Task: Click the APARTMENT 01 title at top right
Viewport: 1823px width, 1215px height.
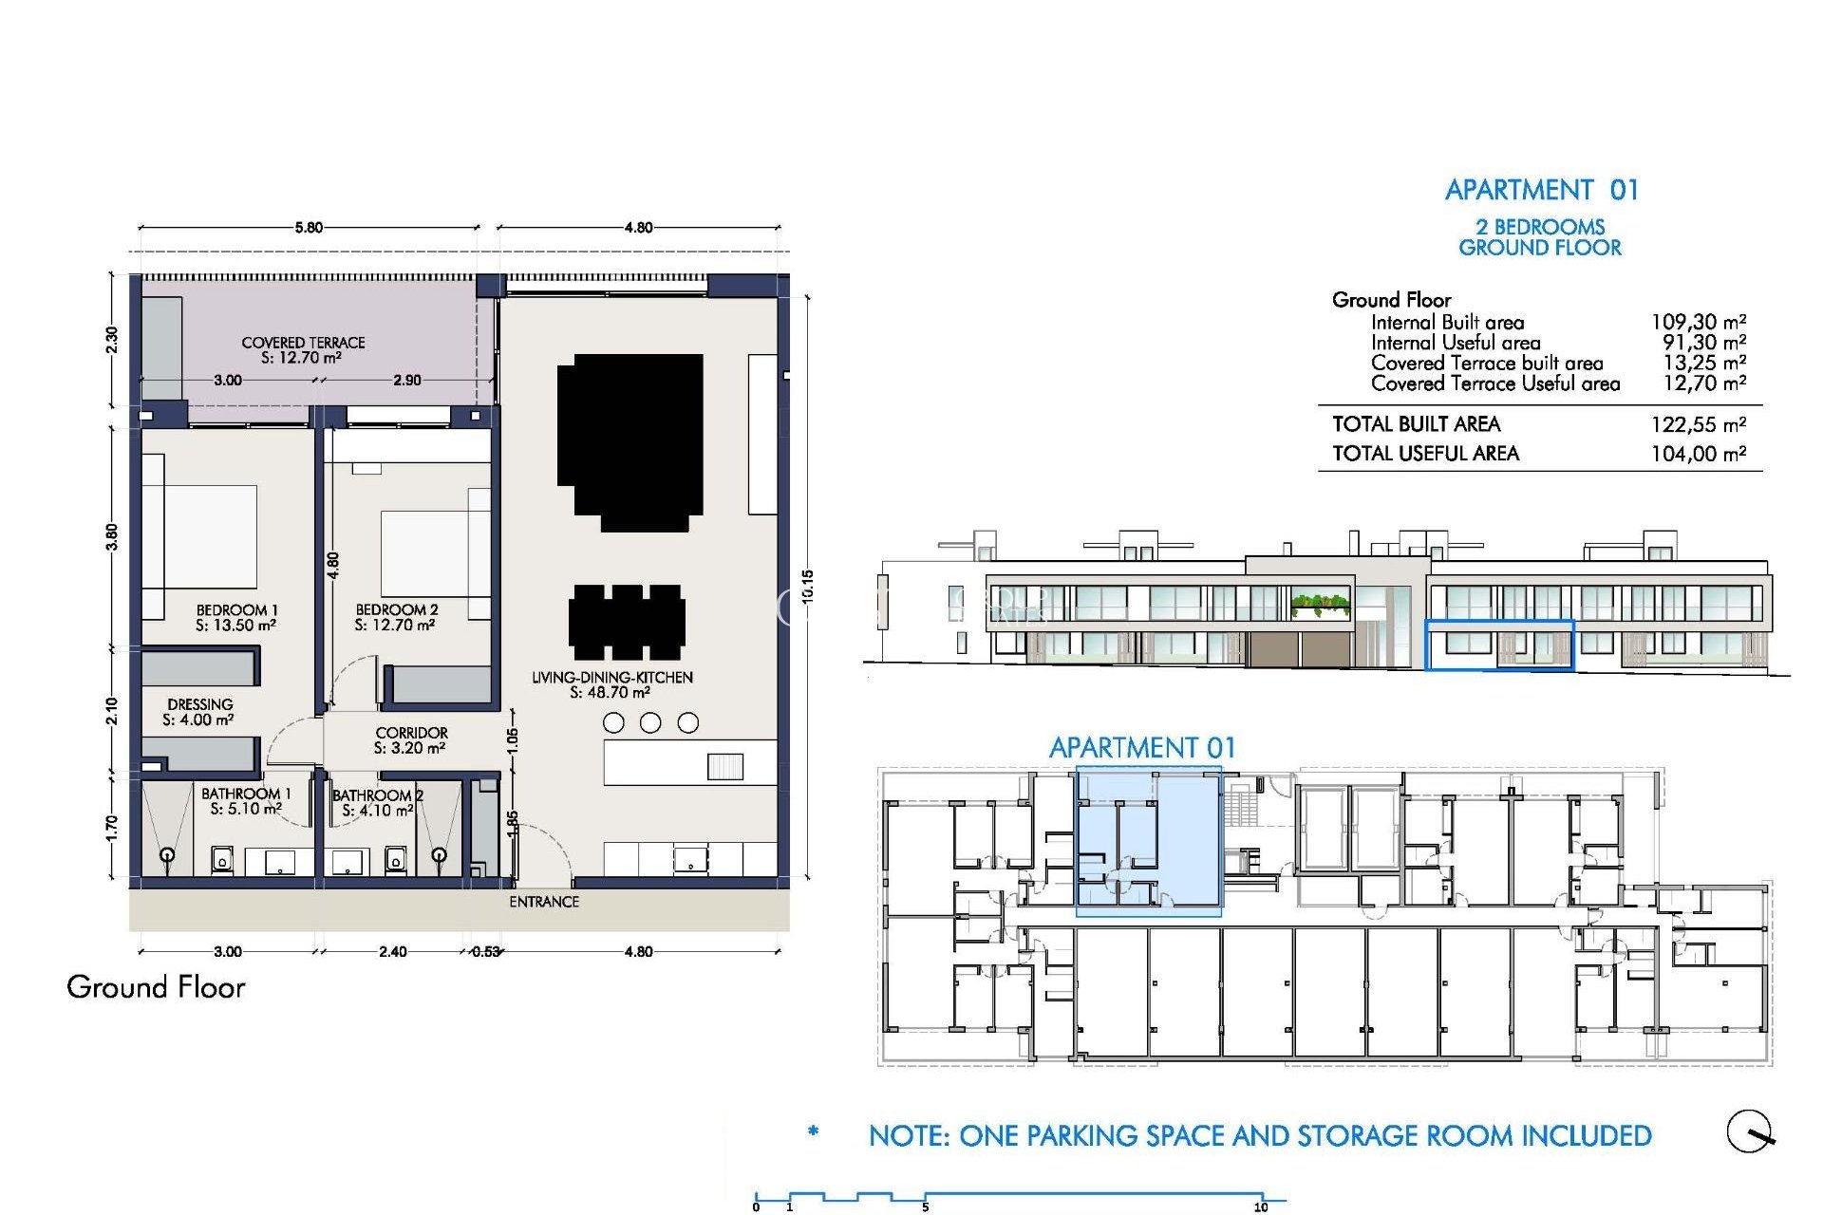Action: click(1541, 190)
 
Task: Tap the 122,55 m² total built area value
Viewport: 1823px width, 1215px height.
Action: click(1698, 424)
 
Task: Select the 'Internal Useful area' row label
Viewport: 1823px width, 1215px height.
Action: click(1455, 343)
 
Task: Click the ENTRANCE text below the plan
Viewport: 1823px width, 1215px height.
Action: click(543, 902)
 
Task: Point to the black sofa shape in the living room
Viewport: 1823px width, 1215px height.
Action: click(630, 439)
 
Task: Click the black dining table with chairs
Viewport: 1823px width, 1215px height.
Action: click(627, 622)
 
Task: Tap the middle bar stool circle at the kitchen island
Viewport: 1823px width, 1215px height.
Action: click(650, 723)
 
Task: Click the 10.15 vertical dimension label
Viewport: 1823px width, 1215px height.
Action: click(807, 587)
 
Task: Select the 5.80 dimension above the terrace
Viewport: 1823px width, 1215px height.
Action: click(309, 228)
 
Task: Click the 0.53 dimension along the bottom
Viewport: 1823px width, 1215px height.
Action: click(485, 951)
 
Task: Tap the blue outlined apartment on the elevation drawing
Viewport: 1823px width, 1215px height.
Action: click(1498, 645)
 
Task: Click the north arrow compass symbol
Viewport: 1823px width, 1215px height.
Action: click(1749, 1131)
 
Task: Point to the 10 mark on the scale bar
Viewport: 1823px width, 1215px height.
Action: click(1261, 1206)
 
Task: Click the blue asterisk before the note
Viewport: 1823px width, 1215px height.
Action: click(813, 1131)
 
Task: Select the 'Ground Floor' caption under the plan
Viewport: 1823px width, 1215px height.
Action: click(156, 987)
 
